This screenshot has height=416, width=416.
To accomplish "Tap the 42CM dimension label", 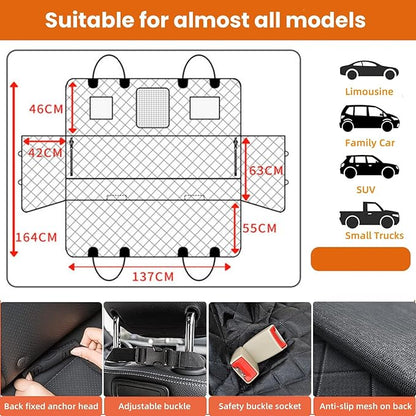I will (x=43, y=152).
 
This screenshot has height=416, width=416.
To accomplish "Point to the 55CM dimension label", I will (x=259, y=227).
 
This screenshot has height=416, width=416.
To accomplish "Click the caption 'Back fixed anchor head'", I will (x=52, y=407).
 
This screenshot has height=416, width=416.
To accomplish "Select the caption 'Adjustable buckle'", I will (x=154, y=407).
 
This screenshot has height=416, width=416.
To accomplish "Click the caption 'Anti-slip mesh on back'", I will (x=362, y=407).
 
